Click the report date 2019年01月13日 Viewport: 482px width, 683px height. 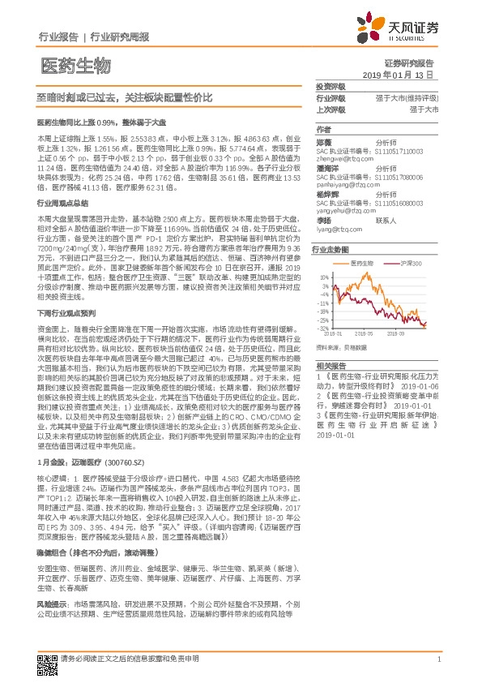pyautogui.click(x=398, y=74)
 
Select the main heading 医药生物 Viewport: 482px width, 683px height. pyautogui.click(x=75, y=64)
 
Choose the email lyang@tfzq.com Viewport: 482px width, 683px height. pyautogui.click(x=341, y=230)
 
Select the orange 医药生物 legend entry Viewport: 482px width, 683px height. pyautogui.click(x=362, y=265)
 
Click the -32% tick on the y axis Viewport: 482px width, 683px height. pyautogui.click(x=324, y=329)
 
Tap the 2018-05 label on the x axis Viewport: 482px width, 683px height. pyautogui.click(x=334, y=333)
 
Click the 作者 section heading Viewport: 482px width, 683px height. pyautogui.click(x=323, y=129)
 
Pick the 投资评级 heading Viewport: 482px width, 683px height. pyautogui.click(x=330, y=86)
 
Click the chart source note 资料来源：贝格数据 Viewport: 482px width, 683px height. pyautogui.click(x=343, y=344)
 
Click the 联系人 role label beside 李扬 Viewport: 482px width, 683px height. pyautogui.click(x=386, y=221)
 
